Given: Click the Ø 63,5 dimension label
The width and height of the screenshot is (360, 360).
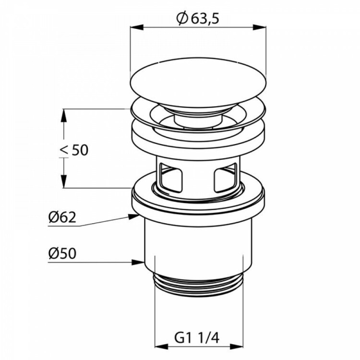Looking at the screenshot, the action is (198, 18).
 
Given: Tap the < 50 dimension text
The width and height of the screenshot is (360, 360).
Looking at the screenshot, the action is (74, 150).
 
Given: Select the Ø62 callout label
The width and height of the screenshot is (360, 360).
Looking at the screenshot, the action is (62, 217).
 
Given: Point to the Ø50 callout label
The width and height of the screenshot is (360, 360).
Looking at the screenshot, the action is (62, 254).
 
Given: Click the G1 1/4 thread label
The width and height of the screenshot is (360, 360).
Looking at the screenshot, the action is (197, 337).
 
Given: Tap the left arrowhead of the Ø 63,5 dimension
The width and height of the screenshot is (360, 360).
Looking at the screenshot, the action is (137, 27).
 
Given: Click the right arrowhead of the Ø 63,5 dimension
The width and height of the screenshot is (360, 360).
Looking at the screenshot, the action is (259, 27).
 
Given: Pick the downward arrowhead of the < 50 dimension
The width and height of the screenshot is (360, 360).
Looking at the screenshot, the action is (64, 181).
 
